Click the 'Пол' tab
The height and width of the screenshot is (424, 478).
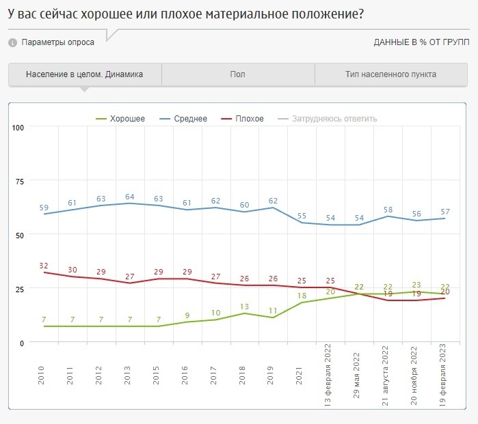tap(238, 74)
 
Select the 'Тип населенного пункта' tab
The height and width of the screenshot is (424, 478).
tap(391, 74)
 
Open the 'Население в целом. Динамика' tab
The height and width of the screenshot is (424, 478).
tap(85, 74)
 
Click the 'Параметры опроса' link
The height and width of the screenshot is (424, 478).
tap(58, 42)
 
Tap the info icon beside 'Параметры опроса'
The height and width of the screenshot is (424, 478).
tap(12, 43)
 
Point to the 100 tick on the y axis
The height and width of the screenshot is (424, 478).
tap(18, 128)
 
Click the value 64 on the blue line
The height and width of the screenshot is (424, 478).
tap(129, 197)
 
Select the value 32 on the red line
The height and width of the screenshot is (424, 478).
tap(44, 266)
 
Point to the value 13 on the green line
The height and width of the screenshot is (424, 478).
tap(244, 307)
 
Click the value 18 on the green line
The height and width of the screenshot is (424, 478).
tap(301, 296)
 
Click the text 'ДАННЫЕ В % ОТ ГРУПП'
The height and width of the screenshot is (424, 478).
tap(421, 42)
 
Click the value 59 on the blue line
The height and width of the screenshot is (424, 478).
tap(44, 208)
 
